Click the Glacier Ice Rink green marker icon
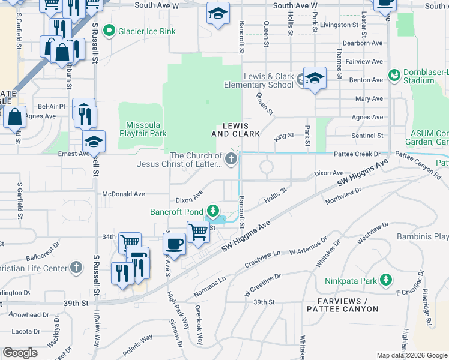[x=109, y=30]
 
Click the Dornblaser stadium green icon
[x=394, y=75]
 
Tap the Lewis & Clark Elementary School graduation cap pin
[x=314, y=79]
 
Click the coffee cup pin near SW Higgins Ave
[x=174, y=244]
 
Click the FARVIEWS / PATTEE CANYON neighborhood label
[x=342, y=305]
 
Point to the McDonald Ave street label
[x=124, y=194]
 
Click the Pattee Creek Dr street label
[x=360, y=154]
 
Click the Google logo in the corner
[x=20, y=353]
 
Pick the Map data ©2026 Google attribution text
[x=412, y=355]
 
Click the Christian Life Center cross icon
[x=76, y=267]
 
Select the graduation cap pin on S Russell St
[x=94, y=142]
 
